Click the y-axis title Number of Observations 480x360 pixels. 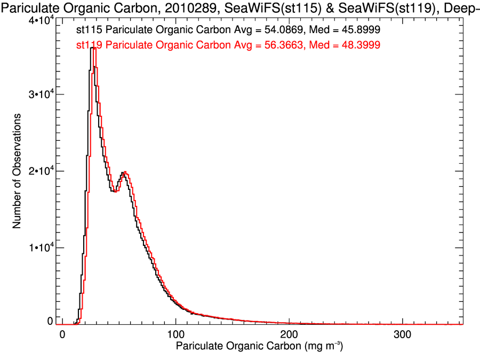click(17, 171)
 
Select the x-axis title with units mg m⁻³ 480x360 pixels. click(260, 347)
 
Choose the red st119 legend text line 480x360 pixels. click(228, 46)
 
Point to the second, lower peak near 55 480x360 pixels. click(124, 172)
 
